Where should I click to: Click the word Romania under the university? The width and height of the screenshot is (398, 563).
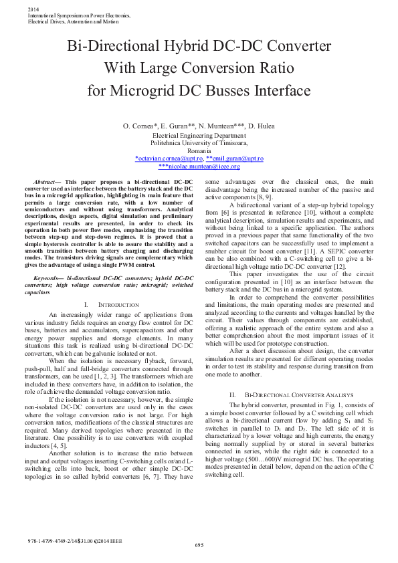199,150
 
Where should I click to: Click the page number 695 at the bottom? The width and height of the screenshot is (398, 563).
199,546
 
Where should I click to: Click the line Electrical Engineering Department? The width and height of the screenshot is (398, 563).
199,135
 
